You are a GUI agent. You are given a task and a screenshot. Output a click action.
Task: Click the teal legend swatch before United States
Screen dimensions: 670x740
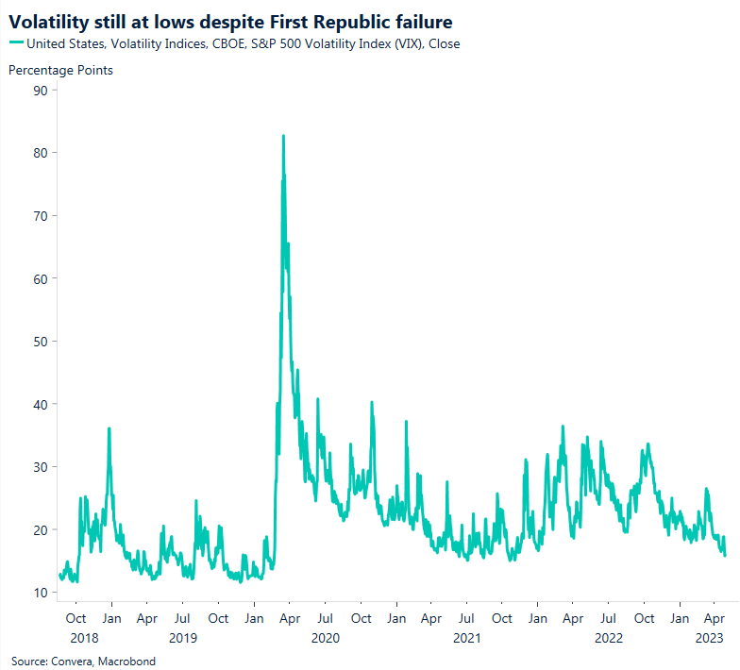16,43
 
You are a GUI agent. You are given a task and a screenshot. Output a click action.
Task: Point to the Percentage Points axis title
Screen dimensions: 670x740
60,70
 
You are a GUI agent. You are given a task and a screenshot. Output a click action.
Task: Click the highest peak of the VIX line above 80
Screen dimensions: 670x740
283,136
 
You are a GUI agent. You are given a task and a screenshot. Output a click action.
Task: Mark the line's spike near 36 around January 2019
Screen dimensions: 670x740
109,428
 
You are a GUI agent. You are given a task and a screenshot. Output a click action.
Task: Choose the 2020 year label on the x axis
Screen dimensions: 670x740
325,638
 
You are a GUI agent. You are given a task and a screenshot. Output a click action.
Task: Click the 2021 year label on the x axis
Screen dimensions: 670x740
466,638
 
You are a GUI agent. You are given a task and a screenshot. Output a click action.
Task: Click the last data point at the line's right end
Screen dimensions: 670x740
725,556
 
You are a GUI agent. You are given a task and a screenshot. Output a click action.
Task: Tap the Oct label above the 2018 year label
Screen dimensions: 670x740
77,619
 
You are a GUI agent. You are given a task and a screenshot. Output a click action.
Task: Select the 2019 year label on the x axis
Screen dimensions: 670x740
183,638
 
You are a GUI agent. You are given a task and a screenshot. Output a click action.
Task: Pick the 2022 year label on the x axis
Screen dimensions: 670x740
609,638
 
